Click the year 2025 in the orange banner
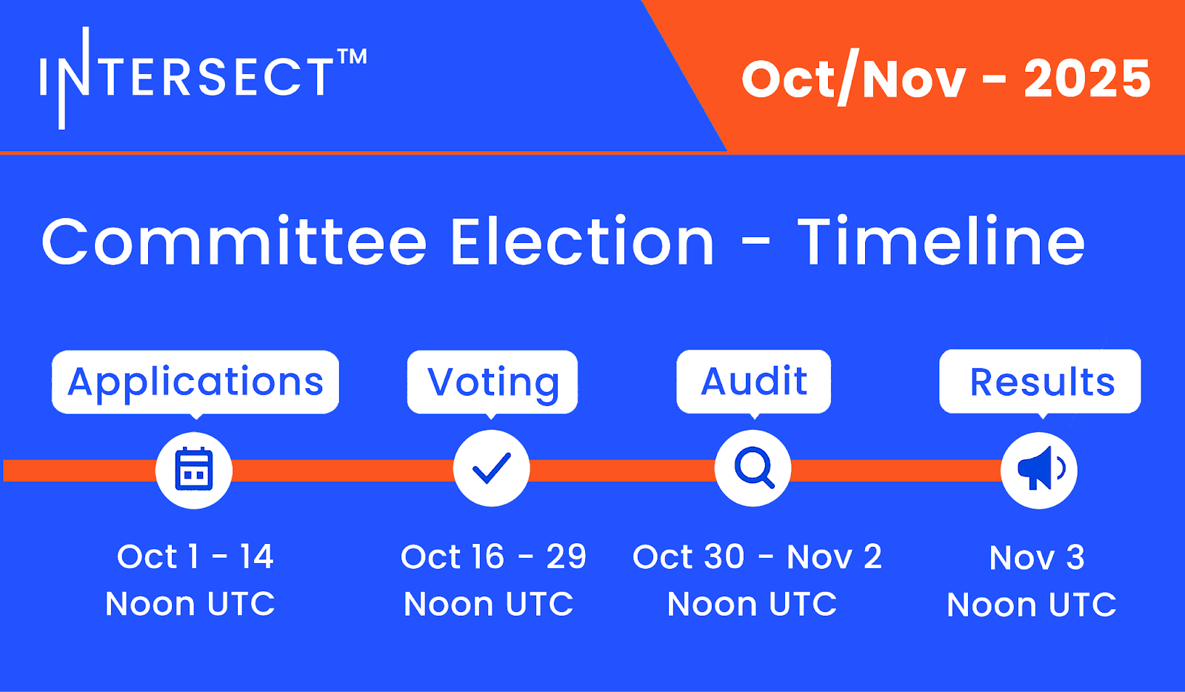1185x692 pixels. pos(1087,79)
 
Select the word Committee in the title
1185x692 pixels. pos(234,242)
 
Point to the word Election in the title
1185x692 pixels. pos(582,242)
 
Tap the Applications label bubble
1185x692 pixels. pos(196,382)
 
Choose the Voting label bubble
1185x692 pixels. pos(493,382)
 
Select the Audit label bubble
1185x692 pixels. pos(754,382)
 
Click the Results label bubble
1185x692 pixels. pos(1040,382)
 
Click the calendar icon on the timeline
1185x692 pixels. pos(194,470)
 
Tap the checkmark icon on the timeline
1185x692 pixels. pos(492,468)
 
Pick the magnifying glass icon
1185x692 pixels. pos(755,468)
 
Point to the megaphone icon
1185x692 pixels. pos(1041,469)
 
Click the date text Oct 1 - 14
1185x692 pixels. pos(196,556)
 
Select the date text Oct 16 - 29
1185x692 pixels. pos(493,556)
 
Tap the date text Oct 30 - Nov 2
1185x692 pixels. pos(757,556)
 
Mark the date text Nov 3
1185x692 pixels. pos(1037,558)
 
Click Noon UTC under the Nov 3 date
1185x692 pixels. pos(1032,605)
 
